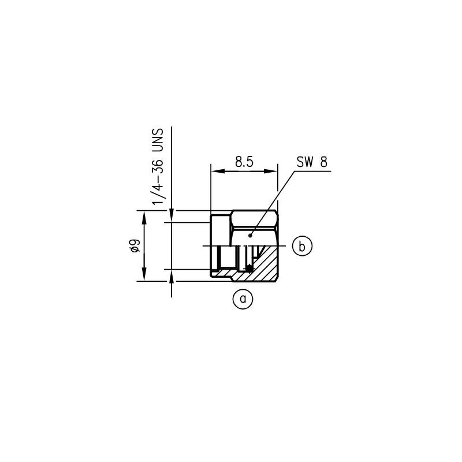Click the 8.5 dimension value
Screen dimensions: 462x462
(x=244, y=162)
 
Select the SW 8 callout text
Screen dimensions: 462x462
(x=312, y=162)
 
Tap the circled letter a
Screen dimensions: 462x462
(x=243, y=299)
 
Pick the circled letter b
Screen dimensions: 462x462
(x=302, y=246)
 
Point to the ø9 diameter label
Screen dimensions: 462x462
(x=136, y=246)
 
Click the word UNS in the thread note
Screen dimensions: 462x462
(x=157, y=140)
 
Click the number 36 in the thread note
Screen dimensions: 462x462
(x=157, y=167)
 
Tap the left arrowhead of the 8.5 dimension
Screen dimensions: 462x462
(x=218, y=171)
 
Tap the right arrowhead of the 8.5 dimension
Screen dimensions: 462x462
(x=270, y=171)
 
